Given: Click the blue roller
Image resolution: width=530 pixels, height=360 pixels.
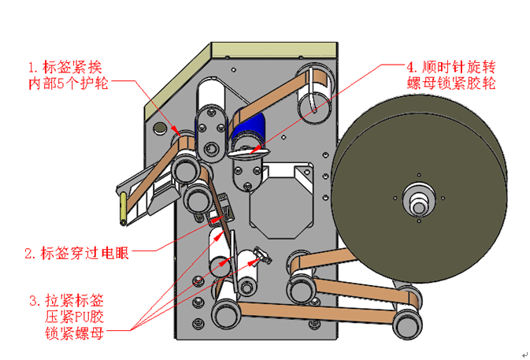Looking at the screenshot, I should (x=251, y=126).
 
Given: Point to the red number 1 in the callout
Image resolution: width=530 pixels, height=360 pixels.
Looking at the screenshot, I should (x=32, y=66).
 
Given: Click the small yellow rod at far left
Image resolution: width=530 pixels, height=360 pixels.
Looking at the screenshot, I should (x=123, y=207).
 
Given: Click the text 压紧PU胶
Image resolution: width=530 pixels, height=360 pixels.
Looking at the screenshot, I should (x=75, y=317).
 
